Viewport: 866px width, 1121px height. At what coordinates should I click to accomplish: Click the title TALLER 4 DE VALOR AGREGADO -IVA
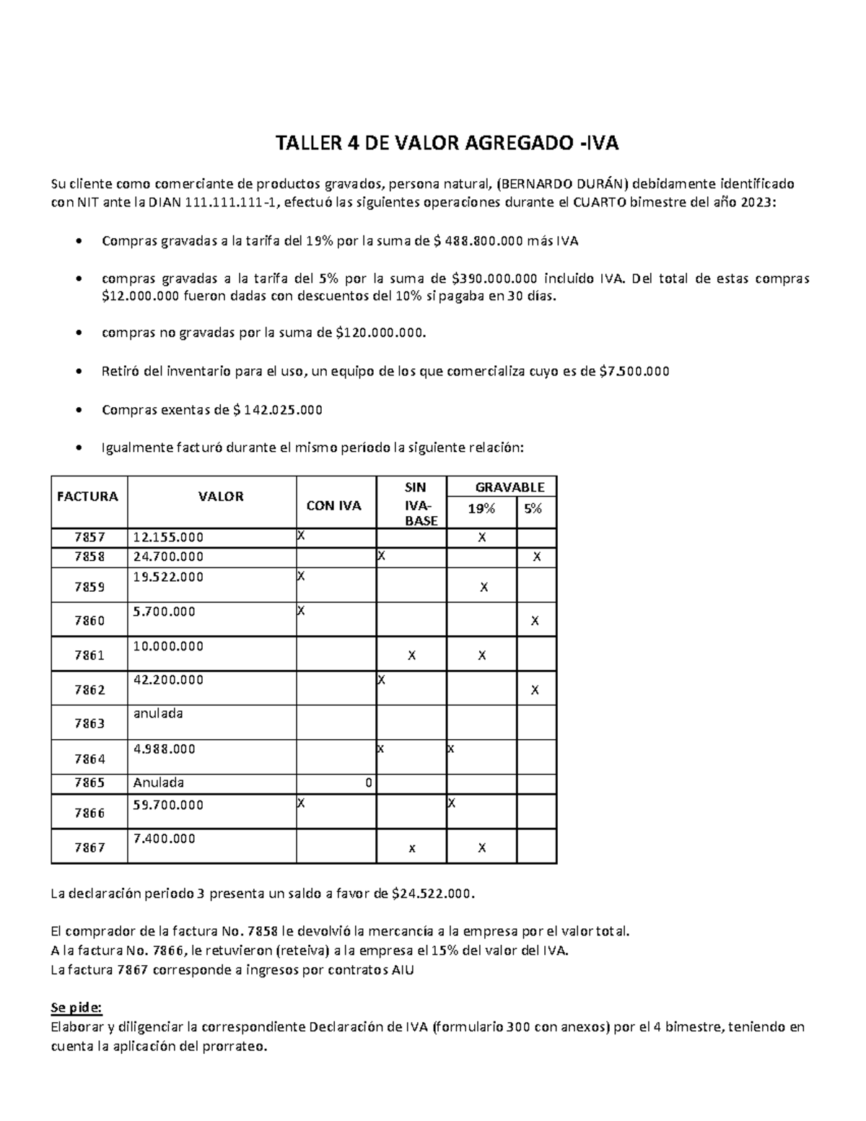(447, 144)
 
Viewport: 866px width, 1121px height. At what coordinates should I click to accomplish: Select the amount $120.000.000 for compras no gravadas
(380, 333)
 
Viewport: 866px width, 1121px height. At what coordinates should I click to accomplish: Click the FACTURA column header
(88, 497)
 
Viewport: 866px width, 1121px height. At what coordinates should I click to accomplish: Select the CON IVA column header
(334, 506)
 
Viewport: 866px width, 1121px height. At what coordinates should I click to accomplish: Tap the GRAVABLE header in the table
(509, 487)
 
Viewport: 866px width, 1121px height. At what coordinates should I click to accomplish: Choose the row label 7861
(89, 655)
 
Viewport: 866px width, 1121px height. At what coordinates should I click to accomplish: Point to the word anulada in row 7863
(158, 714)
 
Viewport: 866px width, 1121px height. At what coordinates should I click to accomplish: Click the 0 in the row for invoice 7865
(368, 783)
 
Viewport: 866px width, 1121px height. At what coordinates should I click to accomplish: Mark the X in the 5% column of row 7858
(536, 557)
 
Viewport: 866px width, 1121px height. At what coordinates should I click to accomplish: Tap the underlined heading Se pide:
(76, 1008)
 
